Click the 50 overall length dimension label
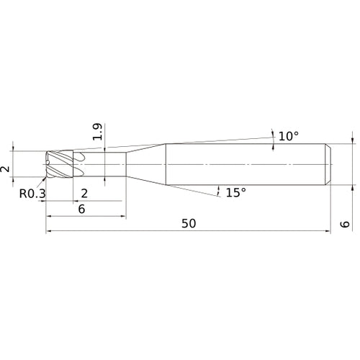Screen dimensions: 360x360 click(x=189, y=223)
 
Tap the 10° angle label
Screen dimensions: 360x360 click(x=289, y=136)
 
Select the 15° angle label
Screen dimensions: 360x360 click(x=236, y=192)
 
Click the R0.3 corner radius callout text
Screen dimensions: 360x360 click(x=32, y=194)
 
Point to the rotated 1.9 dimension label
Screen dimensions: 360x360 click(x=98, y=132)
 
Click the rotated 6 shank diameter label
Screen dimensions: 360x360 click(x=345, y=224)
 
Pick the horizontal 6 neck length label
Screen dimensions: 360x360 click(x=81, y=209)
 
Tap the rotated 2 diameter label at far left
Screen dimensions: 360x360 click(x=5, y=169)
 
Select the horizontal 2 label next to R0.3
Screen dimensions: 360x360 click(x=84, y=194)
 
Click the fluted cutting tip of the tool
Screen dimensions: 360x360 click(x=60, y=164)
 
